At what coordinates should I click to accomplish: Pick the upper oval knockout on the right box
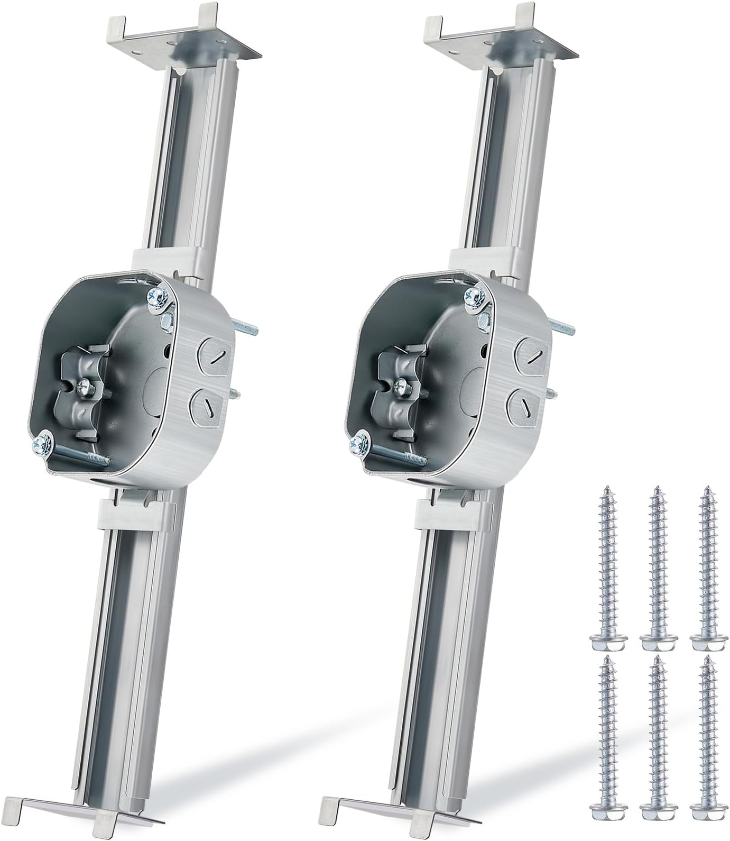(532, 351)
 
